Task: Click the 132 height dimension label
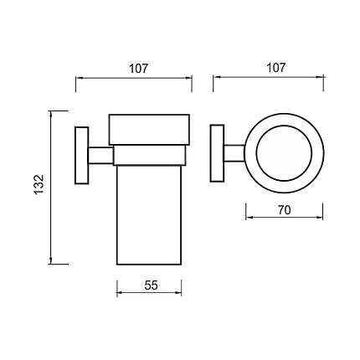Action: pos(39,184)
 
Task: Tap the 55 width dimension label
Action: pos(151,285)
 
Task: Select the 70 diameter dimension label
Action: pos(284,210)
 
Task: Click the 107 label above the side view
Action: pos(138,69)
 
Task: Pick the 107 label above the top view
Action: pos(276,68)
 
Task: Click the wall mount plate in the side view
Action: pos(82,156)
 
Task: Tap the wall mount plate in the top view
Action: pos(217,153)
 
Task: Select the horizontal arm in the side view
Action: pos(101,156)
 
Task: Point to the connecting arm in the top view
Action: pos(234,153)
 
